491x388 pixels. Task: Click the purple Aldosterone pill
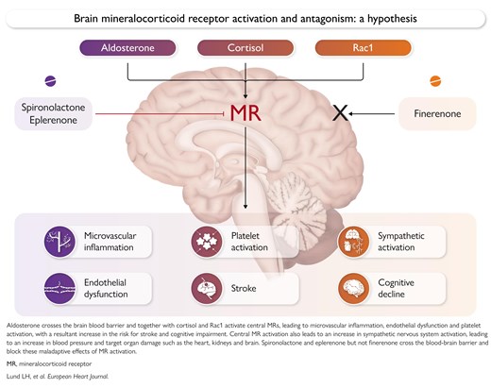(x=127, y=48)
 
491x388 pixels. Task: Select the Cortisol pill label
(x=245, y=48)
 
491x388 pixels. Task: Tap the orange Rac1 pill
(x=363, y=48)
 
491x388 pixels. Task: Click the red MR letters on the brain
(x=245, y=113)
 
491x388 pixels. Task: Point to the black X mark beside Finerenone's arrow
(x=340, y=113)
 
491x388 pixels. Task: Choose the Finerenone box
(x=437, y=113)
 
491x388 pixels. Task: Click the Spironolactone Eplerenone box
(x=53, y=113)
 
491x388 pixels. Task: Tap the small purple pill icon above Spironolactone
(x=50, y=81)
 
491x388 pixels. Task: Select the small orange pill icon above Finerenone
(x=435, y=81)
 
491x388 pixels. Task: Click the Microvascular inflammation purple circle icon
(x=59, y=242)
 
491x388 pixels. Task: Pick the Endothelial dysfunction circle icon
(x=59, y=288)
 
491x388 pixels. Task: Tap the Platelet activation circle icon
(x=207, y=242)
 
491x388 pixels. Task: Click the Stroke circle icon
(x=207, y=288)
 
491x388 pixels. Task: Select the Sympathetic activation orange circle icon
(x=353, y=242)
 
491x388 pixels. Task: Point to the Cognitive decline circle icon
(x=353, y=288)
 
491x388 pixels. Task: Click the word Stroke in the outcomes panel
(x=244, y=288)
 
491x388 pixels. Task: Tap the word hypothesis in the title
(x=392, y=19)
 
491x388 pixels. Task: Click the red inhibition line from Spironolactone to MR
(x=160, y=113)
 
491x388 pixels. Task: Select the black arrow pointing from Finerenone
(x=371, y=113)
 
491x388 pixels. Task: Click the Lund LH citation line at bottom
(x=58, y=377)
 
